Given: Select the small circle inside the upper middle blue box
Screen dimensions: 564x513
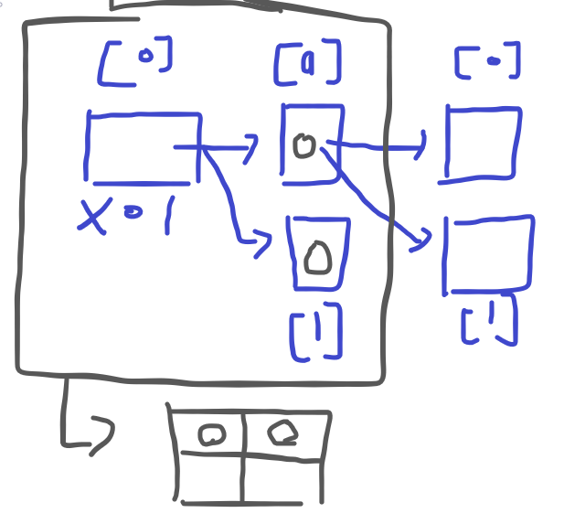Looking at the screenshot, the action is coord(304,144).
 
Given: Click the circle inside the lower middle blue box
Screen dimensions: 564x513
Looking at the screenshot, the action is coord(317,257).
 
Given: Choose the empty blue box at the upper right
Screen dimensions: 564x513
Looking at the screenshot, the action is coord(483,144).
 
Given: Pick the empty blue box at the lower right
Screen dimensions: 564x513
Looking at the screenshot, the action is coord(488,254).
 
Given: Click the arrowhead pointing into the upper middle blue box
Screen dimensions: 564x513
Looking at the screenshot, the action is coord(252,147).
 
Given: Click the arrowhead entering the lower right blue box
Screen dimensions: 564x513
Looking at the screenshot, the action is coord(422,241).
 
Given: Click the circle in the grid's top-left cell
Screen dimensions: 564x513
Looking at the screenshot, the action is coord(213,435).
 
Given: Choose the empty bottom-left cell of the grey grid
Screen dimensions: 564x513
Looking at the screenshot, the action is coord(212,476).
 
